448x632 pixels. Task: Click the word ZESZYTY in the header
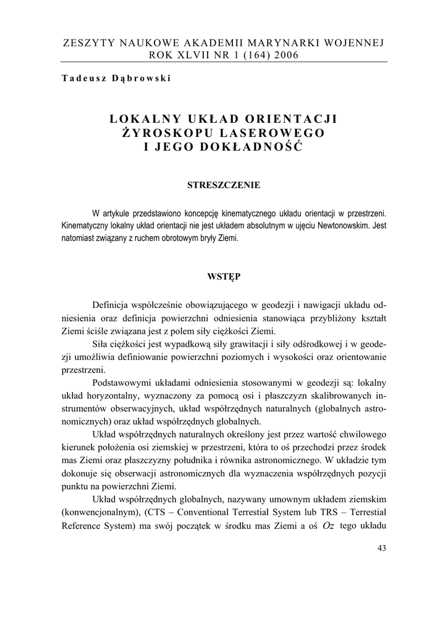[x=88, y=43]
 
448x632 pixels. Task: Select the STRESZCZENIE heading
[x=224, y=185]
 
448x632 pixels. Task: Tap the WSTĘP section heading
[x=224, y=277]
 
